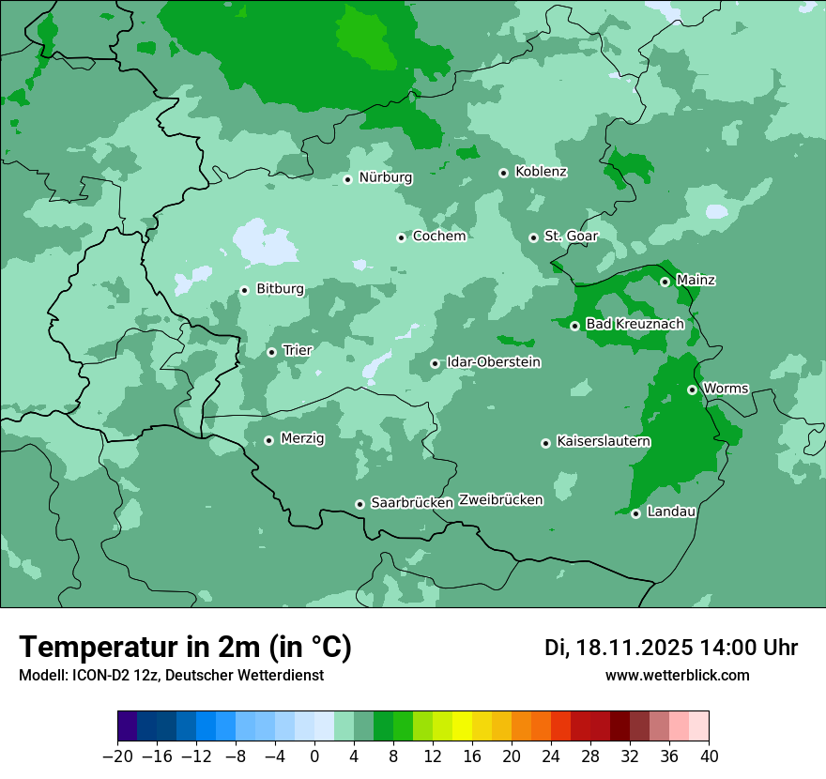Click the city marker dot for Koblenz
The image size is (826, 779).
504,173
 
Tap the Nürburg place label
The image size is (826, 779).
385,177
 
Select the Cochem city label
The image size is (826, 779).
438,237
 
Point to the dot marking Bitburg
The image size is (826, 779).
244,290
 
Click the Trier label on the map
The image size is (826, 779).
297,351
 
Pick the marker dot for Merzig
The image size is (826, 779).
268,440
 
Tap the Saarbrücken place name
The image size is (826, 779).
412,503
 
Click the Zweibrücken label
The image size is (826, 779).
500,500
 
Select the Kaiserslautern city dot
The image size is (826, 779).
545,443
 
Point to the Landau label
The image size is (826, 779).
671,512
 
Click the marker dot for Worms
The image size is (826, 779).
692,389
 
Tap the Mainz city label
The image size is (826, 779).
696,281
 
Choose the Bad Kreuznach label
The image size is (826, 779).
635,325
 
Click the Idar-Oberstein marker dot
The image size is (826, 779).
435,363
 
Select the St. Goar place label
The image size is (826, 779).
572,237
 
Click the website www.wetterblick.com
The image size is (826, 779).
677,676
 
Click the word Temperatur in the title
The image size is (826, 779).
108,647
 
